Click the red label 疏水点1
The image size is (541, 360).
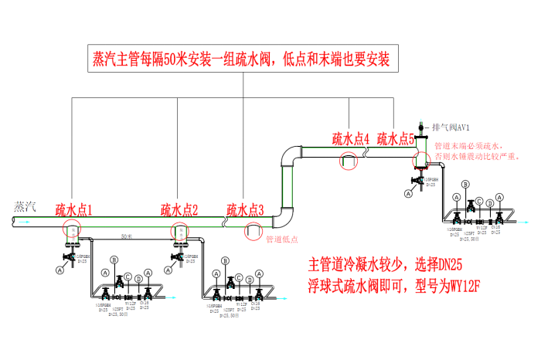(73, 209)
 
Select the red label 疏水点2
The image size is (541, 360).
(179, 209)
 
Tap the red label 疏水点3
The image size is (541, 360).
(245, 209)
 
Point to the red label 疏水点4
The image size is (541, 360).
(351, 139)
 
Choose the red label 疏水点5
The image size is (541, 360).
(396, 139)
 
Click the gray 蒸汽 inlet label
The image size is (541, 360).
(26, 206)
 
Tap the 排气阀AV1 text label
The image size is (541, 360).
(451, 126)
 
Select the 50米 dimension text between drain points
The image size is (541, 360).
(126, 233)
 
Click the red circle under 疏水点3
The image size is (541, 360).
(253, 229)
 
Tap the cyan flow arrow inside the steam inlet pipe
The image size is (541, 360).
(26, 222)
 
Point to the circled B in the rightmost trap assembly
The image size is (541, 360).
(465, 185)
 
